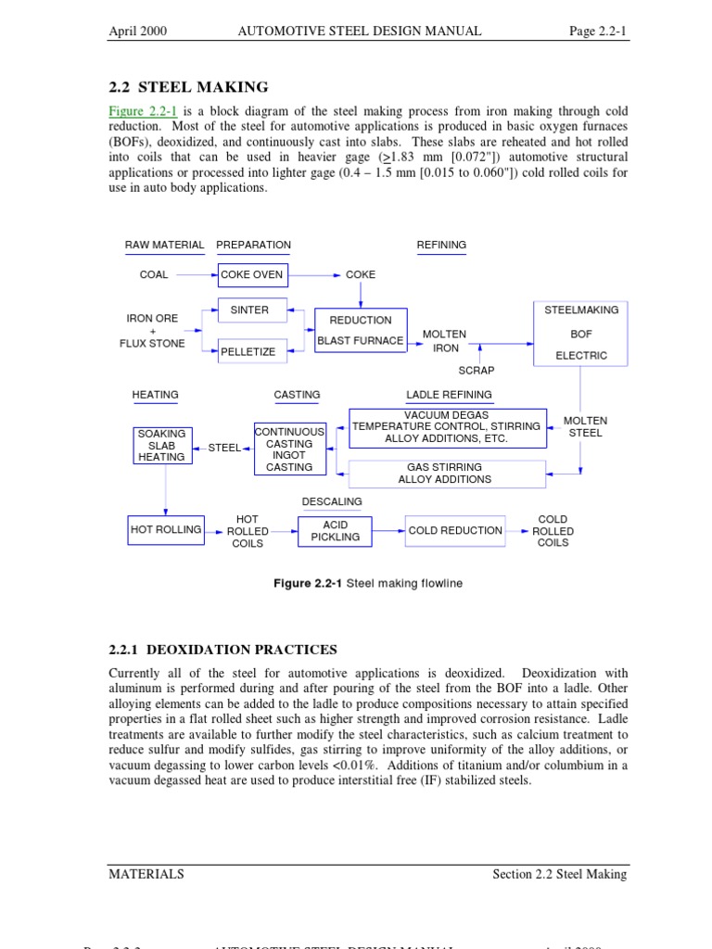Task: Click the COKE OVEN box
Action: (x=252, y=275)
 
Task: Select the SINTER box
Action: (x=249, y=310)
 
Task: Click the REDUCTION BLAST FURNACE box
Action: (x=361, y=330)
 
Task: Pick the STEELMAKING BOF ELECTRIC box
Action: (x=581, y=333)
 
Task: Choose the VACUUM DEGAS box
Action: (x=447, y=426)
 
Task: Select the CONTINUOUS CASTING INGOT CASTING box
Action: (x=289, y=449)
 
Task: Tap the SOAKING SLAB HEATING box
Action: (x=161, y=445)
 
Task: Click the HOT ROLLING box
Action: (x=166, y=530)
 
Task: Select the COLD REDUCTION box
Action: (x=455, y=531)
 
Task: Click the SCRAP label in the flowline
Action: (x=477, y=371)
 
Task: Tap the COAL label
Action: (x=154, y=275)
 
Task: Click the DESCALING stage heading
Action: (x=332, y=501)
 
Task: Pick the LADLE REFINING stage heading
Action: (x=449, y=395)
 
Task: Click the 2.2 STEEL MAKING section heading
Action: (x=189, y=87)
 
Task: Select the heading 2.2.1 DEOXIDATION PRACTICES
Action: (x=222, y=650)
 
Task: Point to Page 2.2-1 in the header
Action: (x=598, y=32)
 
